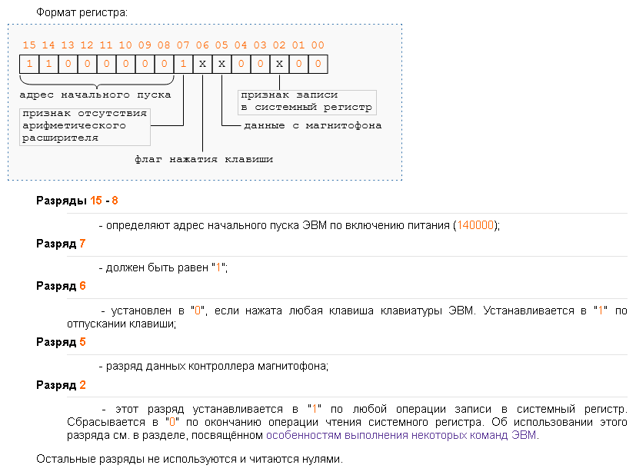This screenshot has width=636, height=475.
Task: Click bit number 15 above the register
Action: pos(29,46)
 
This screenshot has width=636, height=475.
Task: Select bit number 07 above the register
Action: pos(183,46)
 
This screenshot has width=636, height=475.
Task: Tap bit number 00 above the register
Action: pos(318,46)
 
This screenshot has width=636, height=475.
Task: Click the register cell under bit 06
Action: pos(202,64)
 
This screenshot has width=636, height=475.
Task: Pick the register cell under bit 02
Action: pos(279,64)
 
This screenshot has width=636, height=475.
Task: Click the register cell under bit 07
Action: pos(183,64)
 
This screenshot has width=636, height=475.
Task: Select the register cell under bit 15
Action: pos(29,64)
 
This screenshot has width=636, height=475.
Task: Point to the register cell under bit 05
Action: pos(221,64)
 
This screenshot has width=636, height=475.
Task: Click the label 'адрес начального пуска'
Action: pos(95,95)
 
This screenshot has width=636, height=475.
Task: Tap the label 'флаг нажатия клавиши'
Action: pos(203,159)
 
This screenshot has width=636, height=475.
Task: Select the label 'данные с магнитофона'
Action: pos(312,125)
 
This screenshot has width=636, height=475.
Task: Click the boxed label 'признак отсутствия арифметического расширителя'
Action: pos(84,126)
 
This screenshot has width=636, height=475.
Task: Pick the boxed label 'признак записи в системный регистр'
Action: pos(306,101)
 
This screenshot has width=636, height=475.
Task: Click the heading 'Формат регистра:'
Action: pos(82,13)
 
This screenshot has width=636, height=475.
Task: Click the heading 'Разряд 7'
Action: pos(61,244)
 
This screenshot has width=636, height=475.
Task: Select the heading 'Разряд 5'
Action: pos(61,342)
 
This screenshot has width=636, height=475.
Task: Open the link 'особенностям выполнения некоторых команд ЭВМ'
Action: pos(402,435)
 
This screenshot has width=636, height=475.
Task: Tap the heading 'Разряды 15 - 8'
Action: pos(77,201)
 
